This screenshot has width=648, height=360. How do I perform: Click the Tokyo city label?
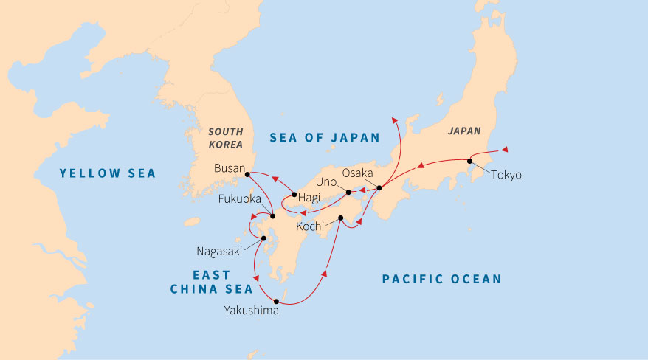(x=506, y=175)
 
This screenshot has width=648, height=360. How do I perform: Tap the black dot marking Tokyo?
(x=469, y=161)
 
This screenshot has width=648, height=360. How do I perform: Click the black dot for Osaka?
(x=379, y=188)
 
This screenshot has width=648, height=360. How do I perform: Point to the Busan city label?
(x=228, y=168)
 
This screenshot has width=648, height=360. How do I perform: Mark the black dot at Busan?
(x=247, y=174)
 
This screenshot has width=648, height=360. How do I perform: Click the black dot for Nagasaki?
(x=263, y=238)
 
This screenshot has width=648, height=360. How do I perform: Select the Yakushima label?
(x=252, y=311)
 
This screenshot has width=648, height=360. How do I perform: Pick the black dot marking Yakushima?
(x=275, y=301)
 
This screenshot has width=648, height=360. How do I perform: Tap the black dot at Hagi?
(x=294, y=195)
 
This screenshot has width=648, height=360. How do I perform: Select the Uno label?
(x=325, y=181)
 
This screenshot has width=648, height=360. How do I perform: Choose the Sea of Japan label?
(x=324, y=137)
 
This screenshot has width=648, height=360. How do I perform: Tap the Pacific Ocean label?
(x=441, y=279)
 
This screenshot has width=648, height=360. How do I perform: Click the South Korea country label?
(x=225, y=136)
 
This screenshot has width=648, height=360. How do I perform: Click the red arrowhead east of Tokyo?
(x=504, y=150)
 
